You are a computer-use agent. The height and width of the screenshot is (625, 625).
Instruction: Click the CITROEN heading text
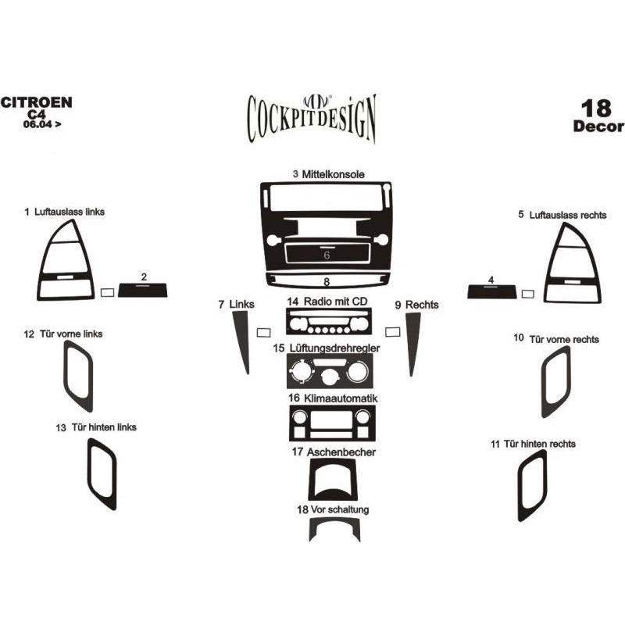pos(36,102)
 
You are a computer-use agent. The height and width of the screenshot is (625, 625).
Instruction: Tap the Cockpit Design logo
pos(312,118)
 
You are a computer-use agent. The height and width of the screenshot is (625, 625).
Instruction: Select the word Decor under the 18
pos(598,127)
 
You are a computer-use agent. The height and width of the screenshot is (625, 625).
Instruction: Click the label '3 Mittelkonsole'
pos(328,174)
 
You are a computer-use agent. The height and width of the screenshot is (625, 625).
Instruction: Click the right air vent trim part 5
pos(595,279)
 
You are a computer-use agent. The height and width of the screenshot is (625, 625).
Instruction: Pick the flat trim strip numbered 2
pos(143,290)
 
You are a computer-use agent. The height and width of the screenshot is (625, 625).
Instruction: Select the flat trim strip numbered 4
pos(492,291)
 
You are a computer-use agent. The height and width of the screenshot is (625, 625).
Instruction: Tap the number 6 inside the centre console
pos(327,255)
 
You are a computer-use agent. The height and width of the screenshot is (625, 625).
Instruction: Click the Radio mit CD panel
pos(329,321)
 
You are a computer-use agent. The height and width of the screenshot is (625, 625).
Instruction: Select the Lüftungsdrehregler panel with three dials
pos(330,371)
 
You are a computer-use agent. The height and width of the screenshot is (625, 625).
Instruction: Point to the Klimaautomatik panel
pos(332,423)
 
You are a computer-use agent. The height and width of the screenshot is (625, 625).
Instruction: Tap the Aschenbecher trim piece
pos(312,478)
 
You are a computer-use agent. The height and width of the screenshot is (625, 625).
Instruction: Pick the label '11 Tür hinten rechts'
pos(533,444)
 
